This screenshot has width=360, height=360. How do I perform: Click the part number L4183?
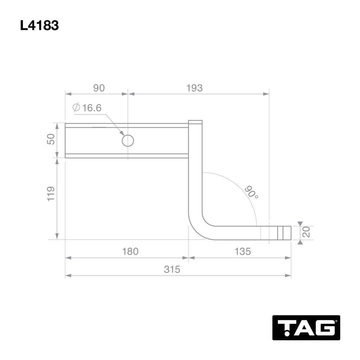39,26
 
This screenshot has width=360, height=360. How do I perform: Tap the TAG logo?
306,327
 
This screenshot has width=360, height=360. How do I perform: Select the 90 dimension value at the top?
99,88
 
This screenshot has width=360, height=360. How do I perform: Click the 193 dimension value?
194,88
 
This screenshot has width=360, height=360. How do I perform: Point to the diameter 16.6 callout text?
91,108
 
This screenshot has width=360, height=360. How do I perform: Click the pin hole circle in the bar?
128,141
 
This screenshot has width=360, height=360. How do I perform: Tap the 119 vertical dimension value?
51,194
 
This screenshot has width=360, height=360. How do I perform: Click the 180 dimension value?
130,251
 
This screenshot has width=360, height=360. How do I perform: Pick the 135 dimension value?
243,251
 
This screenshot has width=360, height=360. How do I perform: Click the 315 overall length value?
172,269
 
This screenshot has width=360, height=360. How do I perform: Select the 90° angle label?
251,192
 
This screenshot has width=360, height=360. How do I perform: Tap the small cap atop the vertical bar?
195,123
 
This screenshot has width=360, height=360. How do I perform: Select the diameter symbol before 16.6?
76,108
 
